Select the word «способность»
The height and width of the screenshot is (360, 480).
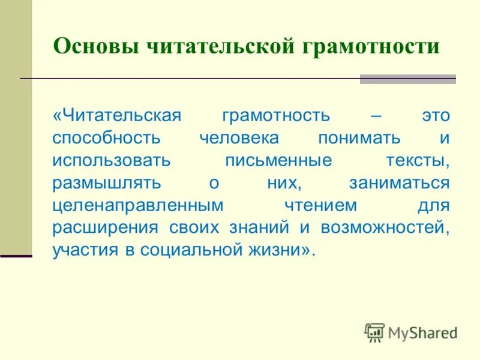pyautogui.click(x=106, y=137)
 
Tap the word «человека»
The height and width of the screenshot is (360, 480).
pyautogui.click(x=239, y=137)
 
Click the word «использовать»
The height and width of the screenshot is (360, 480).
pyautogui.click(x=111, y=160)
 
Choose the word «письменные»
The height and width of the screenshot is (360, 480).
pyautogui.click(x=278, y=160)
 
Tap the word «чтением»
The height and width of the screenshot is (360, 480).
pyautogui.click(x=319, y=205)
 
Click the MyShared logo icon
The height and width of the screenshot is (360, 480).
pyautogui.click(x=374, y=332)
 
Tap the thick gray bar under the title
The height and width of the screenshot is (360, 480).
pyautogui.click(x=408, y=79)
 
